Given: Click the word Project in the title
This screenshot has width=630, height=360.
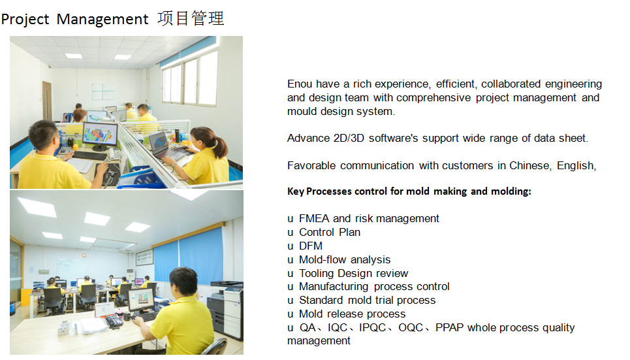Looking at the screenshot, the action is tap(25, 20).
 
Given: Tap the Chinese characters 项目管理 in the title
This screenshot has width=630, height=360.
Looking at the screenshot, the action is tap(191, 18).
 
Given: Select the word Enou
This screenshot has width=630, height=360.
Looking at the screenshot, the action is tap(300, 84).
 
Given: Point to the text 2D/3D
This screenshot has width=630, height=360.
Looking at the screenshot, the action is tap(349, 139).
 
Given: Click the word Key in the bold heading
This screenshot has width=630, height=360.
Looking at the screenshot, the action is tap(295, 191).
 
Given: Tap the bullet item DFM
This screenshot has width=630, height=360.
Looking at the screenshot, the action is tap(311, 246).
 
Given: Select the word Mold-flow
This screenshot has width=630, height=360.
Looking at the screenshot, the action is tap(322, 259).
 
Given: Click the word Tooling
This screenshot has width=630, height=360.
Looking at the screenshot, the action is tap(317, 274).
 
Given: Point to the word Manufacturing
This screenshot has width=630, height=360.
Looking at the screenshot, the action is tap(334, 287).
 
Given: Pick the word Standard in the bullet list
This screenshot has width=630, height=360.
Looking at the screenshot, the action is tap(321, 301).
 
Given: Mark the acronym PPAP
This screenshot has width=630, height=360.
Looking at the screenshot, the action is tap(450, 328).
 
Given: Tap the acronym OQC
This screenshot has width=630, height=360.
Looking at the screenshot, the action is tap(411, 328).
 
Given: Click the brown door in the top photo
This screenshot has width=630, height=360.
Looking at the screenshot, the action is tap(46, 101).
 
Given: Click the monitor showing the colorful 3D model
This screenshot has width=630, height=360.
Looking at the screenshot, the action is tap(100, 135).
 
